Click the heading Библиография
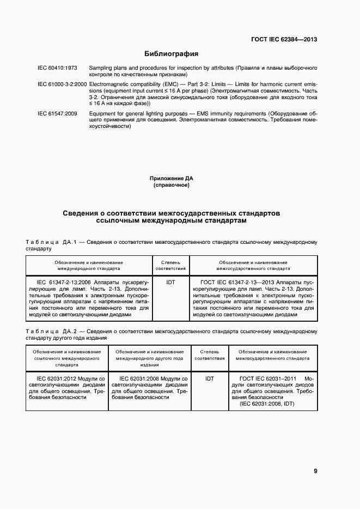click(170, 54)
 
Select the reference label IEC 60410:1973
click(57, 68)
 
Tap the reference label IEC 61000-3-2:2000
click(62, 84)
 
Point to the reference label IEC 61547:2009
click(57, 113)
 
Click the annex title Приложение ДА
click(171, 178)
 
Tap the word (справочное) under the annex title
click(171, 185)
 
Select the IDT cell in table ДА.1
click(170, 283)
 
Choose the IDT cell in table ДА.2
click(210, 378)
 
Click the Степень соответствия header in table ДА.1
click(170, 265)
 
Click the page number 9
click(315, 471)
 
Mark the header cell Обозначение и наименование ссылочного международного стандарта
click(66, 358)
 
